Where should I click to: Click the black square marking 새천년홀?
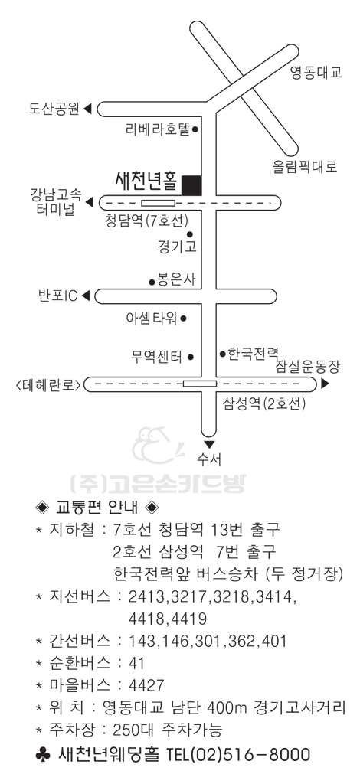pos(191,185)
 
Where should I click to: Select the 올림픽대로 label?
pos(305,167)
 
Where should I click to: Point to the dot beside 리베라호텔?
pos(195,129)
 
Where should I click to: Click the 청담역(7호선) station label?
pos(146,220)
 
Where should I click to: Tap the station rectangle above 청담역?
pos(158,202)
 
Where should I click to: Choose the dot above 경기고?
pos(189,234)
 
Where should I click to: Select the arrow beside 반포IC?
pos(85,296)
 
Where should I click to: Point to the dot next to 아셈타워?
pos(184,318)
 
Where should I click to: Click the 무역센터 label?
pos(156,357)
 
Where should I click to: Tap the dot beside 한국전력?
pos(222,354)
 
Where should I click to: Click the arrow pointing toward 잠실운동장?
pos(325,384)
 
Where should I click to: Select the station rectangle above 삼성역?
pos(199,384)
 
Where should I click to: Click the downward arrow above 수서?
pos(209,445)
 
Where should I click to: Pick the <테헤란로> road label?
pos(48,385)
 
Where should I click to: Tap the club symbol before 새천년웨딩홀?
pos(44,753)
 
